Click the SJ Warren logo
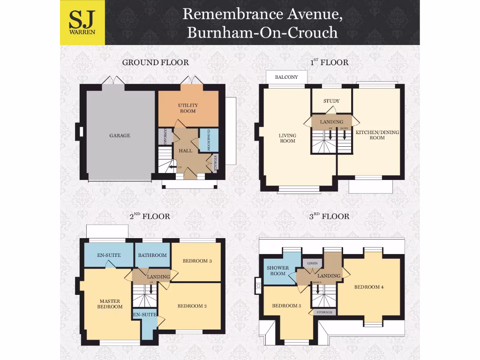pos(82,22)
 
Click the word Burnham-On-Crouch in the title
pos(262,32)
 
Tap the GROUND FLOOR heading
pos(155,62)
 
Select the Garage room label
pos(120,135)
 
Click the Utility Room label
pos(187,108)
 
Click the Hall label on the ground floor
pos(186,150)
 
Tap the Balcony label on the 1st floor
pos(286,77)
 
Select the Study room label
pos(331,101)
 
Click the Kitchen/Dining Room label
pos(377,135)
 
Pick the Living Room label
pos(287,138)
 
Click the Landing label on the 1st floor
pos(331,122)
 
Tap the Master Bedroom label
pos(110,304)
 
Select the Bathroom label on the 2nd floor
pos(152,255)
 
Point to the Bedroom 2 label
pos(192,306)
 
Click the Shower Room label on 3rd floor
pos(277,270)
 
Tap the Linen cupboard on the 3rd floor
pos(312,263)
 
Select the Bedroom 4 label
pos(369,287)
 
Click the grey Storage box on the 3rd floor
pos(324,312)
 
